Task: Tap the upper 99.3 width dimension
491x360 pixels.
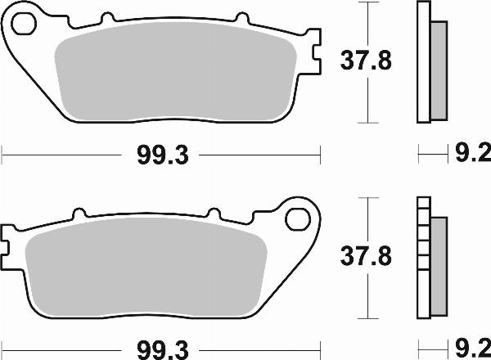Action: [x=161, y=152]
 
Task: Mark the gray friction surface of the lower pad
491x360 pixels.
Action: [x=147, y=270]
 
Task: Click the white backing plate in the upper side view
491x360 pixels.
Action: [x=423, y=61]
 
